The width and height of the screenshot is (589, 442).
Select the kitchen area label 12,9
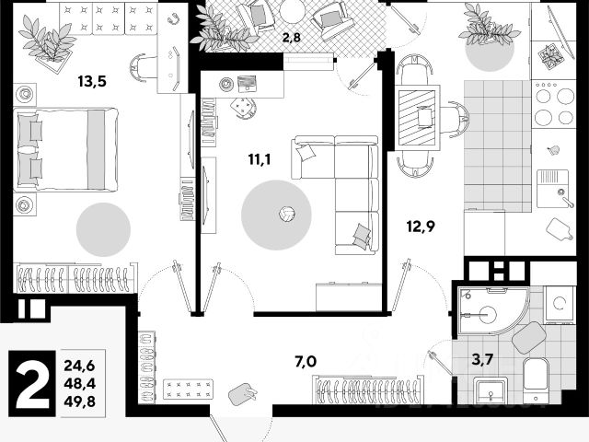[x=421, y=224]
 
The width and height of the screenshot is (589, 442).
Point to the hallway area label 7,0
[x=306, y=361]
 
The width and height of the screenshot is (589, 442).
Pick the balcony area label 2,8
[x=291, y=38]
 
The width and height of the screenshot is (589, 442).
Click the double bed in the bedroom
[x=66, y=149]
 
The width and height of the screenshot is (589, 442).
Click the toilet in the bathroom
[x=536, y=378]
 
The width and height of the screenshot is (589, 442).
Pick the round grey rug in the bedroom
[x=102, y=228]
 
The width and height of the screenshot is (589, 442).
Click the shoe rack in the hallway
[x=188, y=388]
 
